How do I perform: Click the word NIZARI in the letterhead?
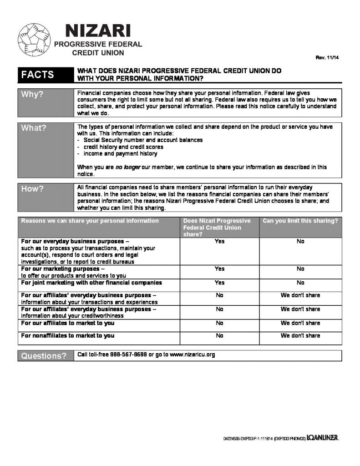tap(98, 31)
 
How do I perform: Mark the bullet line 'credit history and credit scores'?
tap(123, 147)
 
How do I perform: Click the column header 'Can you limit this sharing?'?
tap(300, 221)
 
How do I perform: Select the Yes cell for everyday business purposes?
tap(219, 241)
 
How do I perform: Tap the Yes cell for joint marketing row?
tap(219, 283)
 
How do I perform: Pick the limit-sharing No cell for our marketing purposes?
tap(300, 269)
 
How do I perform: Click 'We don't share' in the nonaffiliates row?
tap(300, 336)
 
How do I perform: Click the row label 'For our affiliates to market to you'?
tap(68, 323)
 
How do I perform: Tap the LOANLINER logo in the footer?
tap(322, 438)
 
